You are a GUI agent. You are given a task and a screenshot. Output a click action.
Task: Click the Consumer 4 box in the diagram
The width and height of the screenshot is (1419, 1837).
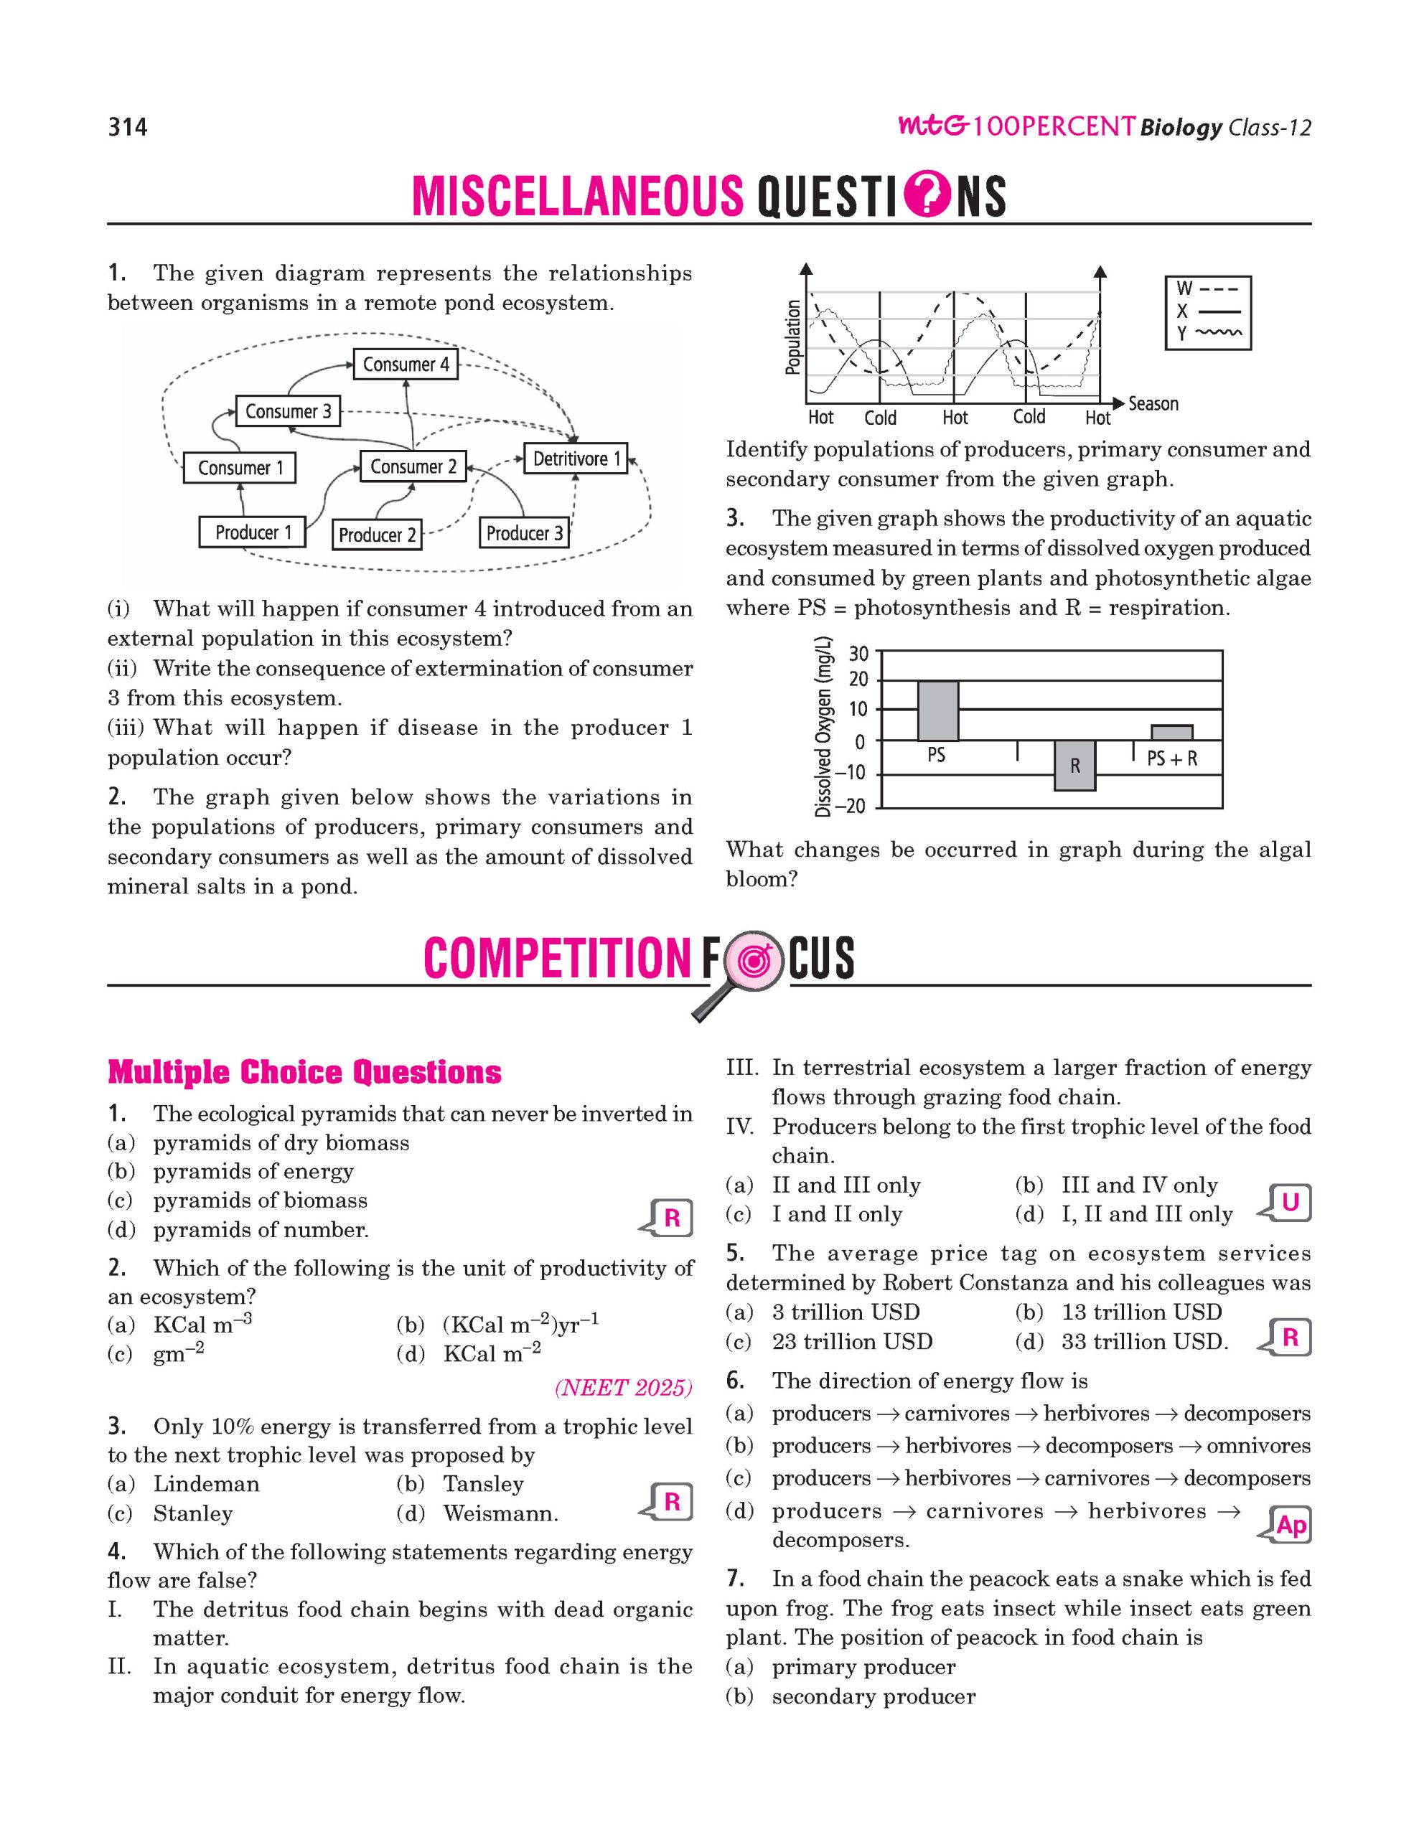pos(406,365)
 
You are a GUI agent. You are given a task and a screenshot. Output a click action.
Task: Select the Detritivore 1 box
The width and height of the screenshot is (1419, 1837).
pos(576,459)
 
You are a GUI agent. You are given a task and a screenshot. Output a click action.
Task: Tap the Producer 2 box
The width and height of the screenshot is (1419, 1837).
pos(377,535)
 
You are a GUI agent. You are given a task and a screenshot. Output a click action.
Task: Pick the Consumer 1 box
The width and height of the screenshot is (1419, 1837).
pos(240,468)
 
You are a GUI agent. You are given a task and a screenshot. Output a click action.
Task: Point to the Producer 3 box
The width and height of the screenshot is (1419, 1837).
pos(524,533)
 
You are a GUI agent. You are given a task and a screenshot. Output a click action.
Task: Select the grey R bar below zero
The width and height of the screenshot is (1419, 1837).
pos(1075,766)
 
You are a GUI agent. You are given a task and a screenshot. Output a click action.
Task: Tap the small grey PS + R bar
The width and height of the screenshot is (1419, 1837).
pos(1171,733)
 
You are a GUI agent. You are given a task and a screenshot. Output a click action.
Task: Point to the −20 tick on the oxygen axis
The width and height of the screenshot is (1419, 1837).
pos(853,807)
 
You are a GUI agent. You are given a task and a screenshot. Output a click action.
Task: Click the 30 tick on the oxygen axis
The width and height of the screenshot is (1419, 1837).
pos(858,654)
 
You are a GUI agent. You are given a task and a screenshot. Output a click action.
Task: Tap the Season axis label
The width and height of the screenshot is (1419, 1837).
pos(1153,404)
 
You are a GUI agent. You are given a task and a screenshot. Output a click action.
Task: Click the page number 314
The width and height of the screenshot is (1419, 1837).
pos(128,127)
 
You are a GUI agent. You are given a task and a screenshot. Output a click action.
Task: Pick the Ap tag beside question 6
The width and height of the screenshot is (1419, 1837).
pos(1290,1525)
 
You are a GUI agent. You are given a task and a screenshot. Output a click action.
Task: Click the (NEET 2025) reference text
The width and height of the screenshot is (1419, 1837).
pos(623,1388)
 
